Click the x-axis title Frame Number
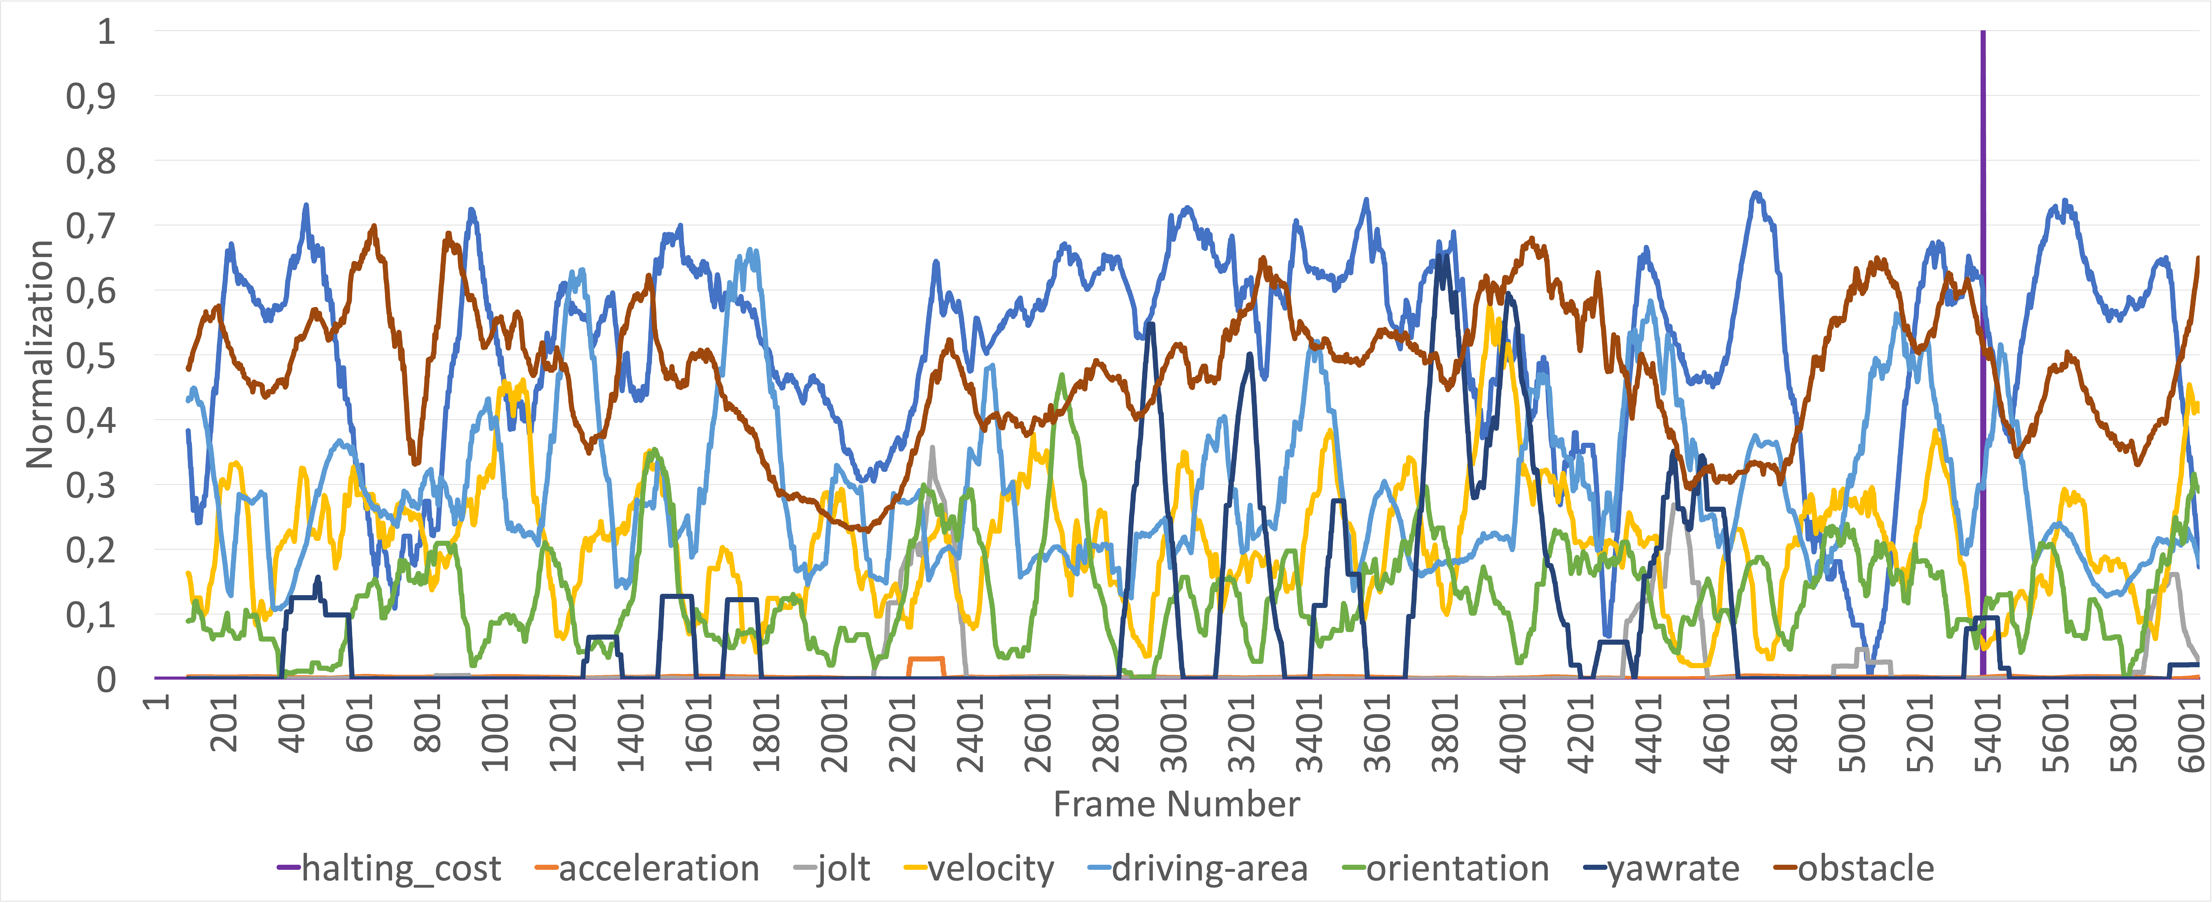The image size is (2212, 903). pyautogui.click(x=1176, y=804)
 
